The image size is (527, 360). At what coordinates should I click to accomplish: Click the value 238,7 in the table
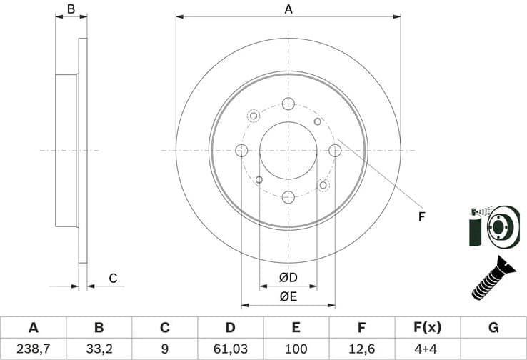pos(33,349)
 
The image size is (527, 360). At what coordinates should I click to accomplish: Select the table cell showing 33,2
pos(99,349)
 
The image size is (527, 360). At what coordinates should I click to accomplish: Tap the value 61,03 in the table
pos(230,349)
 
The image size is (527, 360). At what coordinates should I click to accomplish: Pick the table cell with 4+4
pos(428,349)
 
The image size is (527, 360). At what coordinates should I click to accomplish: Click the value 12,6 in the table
pos(361,349)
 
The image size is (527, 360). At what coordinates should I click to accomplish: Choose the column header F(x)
pos(428,328)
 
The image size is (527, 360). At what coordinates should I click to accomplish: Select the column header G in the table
pos(493,328)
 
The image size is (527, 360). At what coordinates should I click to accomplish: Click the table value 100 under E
pos(296,349)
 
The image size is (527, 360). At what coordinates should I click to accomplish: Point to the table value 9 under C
pos(164,349)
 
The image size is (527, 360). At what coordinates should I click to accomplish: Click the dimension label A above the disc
pos(288,9)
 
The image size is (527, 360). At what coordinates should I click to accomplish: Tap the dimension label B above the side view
pos(71,9)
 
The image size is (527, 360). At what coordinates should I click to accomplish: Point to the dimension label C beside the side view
pos(112,278)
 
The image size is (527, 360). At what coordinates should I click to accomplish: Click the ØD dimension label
pos(288,277)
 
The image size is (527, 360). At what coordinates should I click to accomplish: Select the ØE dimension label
pos(288,295)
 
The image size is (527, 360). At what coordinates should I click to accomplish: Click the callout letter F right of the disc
pos(422,216)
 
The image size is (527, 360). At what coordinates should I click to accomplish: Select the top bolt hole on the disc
pos(288,104)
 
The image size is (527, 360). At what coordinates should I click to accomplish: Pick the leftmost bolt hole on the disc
pos(241,151)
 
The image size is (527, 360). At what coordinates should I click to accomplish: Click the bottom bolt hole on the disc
pos(288,197)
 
